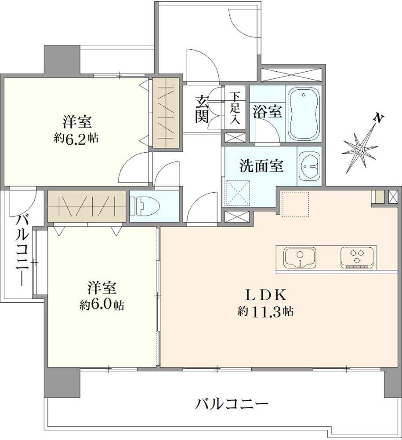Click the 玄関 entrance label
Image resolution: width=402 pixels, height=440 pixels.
202,109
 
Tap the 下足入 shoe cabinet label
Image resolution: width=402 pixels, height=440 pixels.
235,108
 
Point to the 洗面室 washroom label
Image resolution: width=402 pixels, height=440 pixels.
261,166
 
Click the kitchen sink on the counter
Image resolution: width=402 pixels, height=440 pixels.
300,257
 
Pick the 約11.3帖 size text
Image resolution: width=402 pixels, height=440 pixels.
265,311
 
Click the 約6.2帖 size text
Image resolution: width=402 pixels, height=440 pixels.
76,138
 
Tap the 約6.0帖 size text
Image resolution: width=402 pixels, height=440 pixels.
101,305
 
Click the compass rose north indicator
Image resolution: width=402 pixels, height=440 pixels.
359,150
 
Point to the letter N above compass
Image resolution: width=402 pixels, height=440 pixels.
378,118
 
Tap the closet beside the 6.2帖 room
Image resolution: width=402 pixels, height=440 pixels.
166,113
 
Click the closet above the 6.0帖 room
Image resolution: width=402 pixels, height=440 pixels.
86,206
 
